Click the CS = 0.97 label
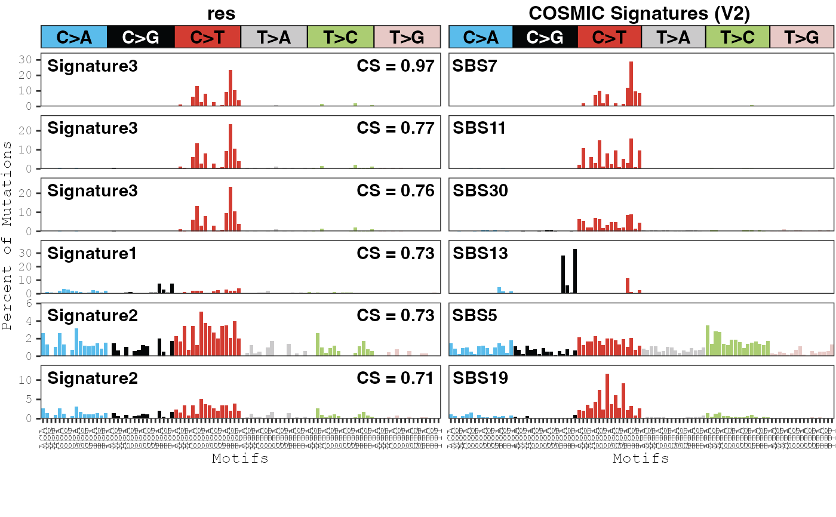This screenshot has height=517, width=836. [395, 66]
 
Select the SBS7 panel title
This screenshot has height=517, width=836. [475, 66]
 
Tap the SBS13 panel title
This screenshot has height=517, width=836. [480, 253]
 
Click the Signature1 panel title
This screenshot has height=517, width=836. [92, 253]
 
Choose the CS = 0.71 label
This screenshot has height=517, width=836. [395, 378]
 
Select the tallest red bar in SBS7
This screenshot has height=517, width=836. [631, 84]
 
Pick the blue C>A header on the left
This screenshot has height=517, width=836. [74, 37]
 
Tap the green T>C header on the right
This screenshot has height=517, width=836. [737, 37]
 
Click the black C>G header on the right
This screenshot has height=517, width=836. [545, 37]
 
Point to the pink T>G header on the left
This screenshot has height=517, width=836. [407, 37]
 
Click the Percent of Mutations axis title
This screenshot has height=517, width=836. [7, 236]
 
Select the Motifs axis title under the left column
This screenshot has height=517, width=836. [240, 458]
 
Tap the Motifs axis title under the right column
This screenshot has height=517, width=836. [641, 458]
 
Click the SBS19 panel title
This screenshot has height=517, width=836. [480, 378]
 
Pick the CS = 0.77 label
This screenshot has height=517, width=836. [395, 128]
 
